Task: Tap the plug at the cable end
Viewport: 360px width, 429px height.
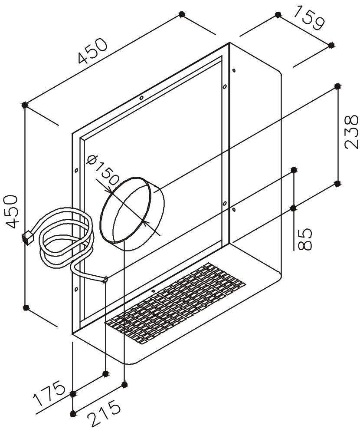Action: (x=28, y=238)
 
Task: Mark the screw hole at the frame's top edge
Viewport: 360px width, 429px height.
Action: (x=142, y=98)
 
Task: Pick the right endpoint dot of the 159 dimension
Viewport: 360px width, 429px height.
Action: (x=331, y=45)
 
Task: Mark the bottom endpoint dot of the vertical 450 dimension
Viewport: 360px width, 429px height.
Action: (x=26, y=307)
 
